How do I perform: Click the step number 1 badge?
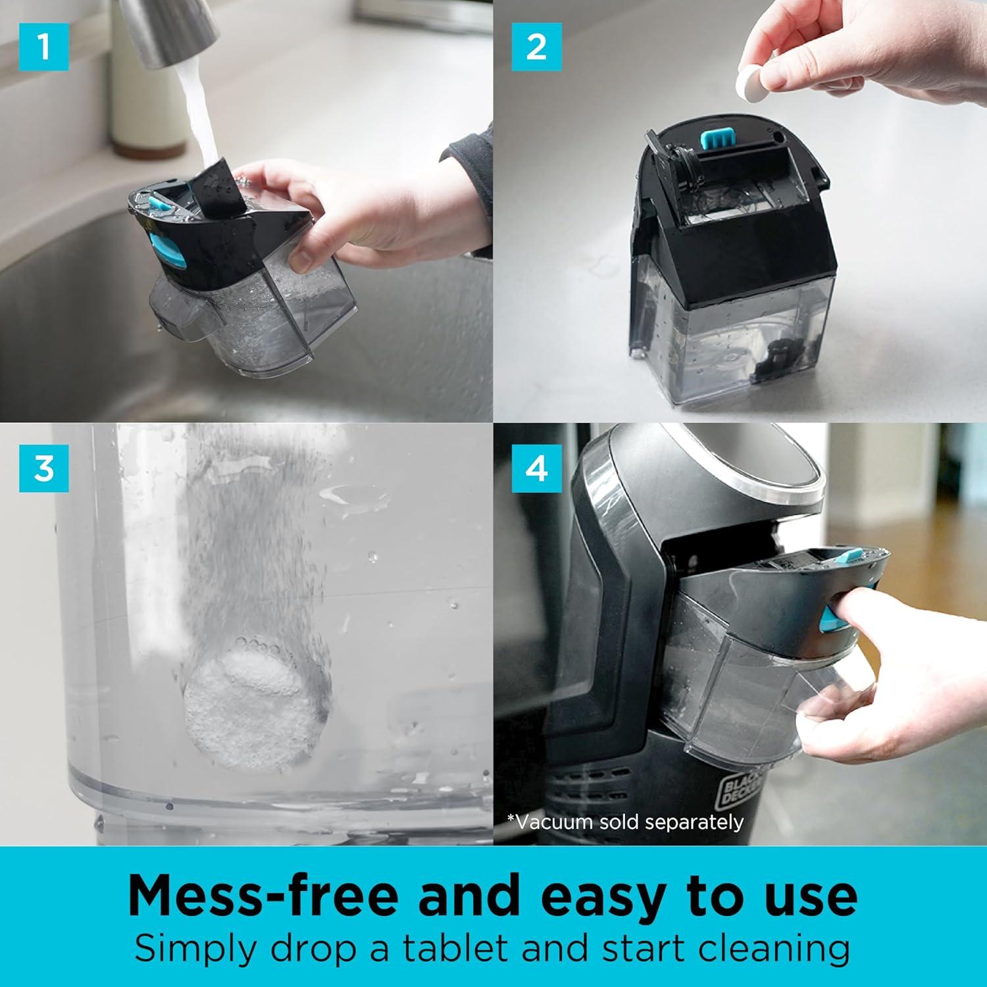[44, 46]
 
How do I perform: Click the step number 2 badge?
[537, 46]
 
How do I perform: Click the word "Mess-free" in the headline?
[263, 895]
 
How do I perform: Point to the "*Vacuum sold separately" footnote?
[625, 822]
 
